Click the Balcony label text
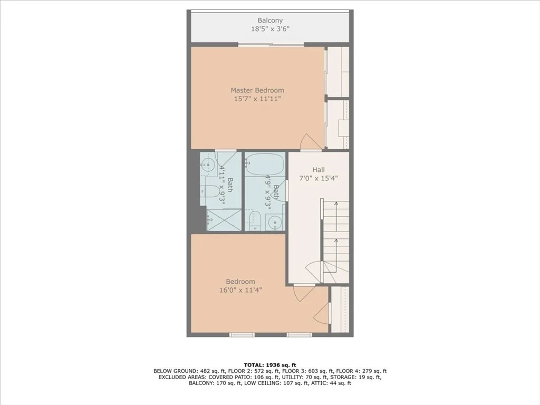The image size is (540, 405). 270,21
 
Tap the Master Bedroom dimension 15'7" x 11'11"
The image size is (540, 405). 257,99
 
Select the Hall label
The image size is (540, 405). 319,169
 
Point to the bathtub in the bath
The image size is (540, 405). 265,165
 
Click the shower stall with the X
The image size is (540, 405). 224,220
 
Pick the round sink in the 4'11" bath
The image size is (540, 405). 208,165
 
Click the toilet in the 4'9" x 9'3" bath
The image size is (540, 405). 254,220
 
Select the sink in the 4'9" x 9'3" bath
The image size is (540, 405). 275,222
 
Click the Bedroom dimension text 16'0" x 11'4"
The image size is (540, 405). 240,290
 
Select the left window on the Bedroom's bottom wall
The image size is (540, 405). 242,334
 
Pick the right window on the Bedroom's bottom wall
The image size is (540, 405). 300,334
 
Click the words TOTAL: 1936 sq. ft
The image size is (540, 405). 270,365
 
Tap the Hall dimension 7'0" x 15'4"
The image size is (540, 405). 319,178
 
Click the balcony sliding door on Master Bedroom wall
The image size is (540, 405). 271,44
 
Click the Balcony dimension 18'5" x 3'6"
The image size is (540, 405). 270,30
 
